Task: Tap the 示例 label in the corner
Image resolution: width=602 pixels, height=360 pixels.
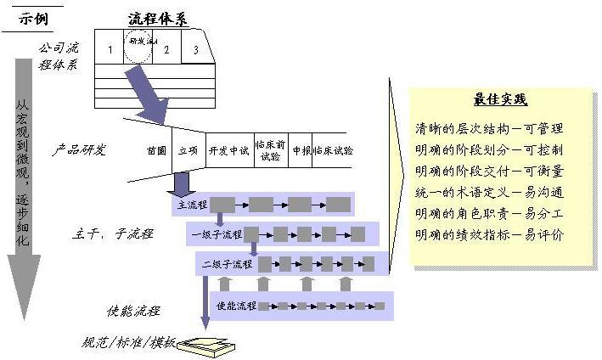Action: [31, 17]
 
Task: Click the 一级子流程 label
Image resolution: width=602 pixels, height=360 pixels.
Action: [216, 233]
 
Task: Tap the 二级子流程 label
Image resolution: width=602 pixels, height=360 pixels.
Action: [227, 263]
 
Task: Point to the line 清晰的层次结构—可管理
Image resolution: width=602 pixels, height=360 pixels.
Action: [488, 129]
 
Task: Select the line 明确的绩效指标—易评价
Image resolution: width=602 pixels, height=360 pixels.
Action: [488, 233]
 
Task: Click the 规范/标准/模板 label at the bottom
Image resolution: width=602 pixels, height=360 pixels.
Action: [128, 343]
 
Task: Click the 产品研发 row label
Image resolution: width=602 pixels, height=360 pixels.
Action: [79, 150]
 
